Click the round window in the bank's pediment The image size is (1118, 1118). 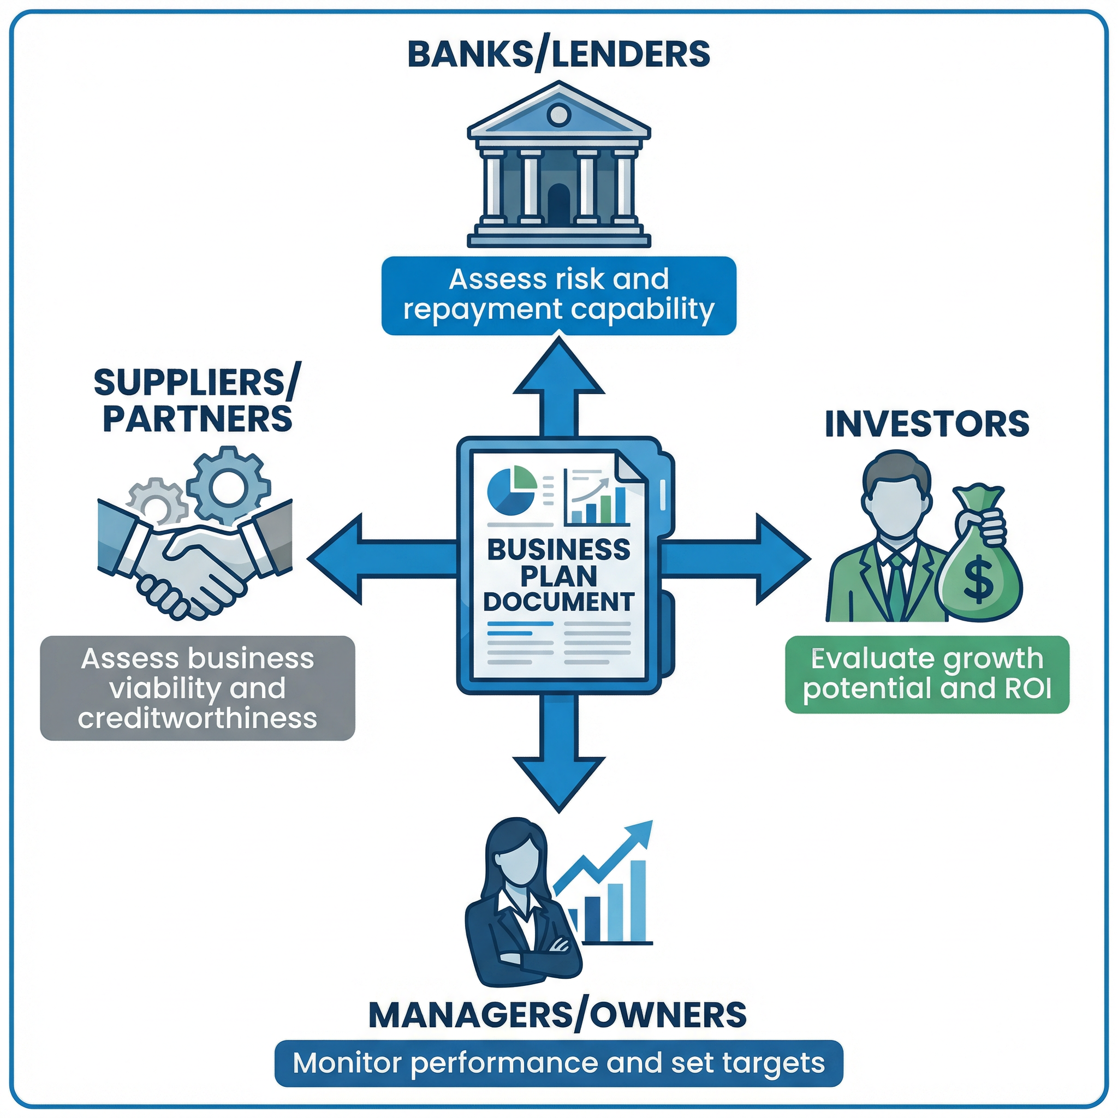click(558, 115)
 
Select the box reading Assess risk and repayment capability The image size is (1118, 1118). click(558, 295)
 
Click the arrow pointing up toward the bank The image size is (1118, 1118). click(559, 382)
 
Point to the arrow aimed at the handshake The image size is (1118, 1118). click(370, 559)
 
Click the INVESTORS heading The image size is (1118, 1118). click(926, 424)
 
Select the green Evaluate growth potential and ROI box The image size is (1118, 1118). click(926, 674)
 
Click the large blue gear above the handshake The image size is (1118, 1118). click(228, 486)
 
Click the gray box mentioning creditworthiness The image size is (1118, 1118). click(197, 688)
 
